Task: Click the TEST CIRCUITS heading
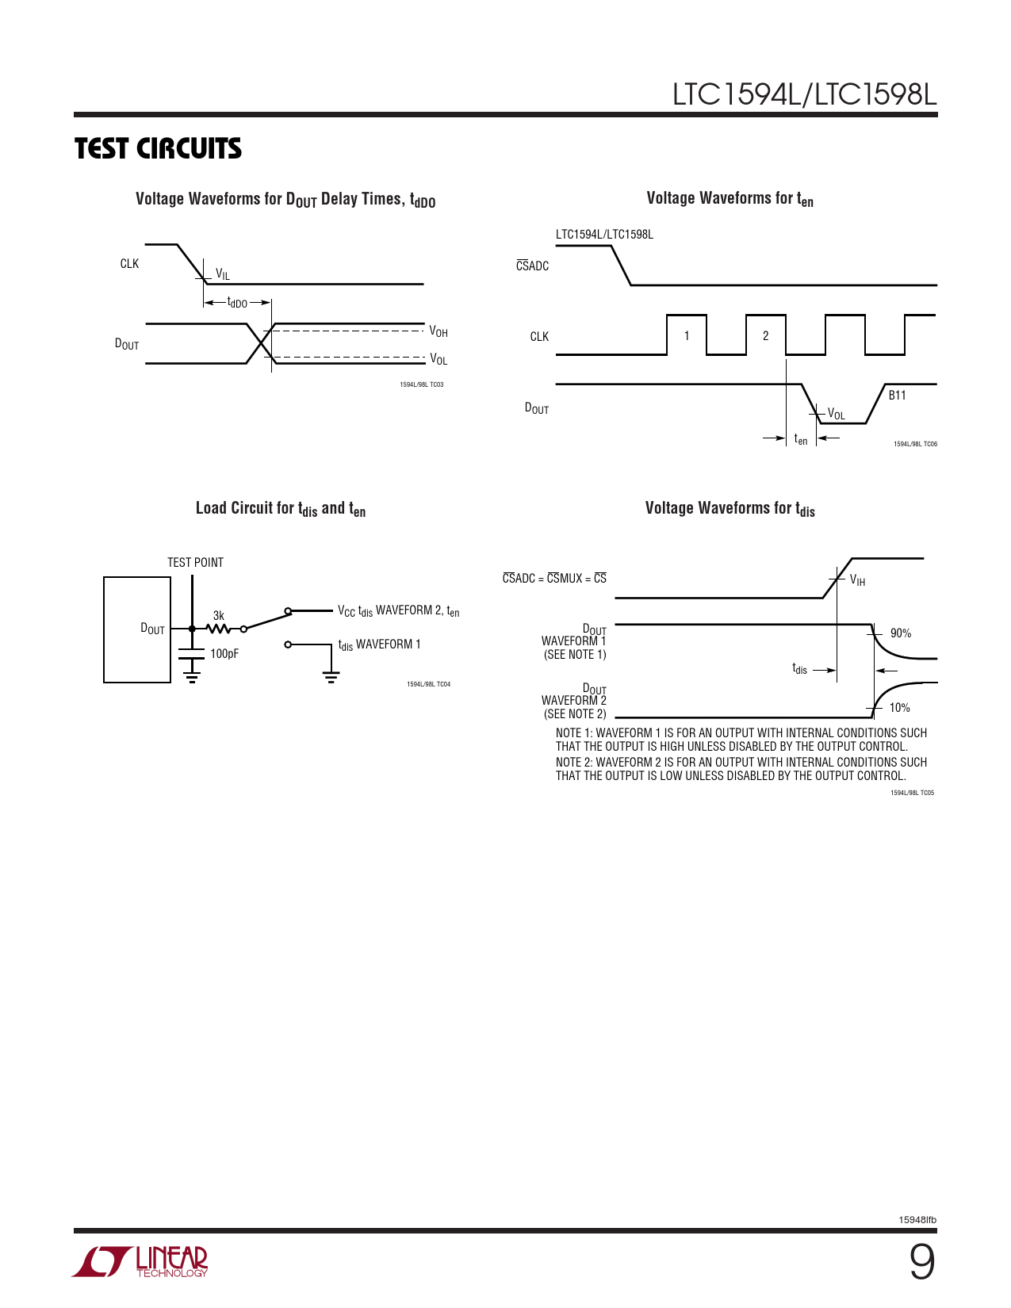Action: point(158,149)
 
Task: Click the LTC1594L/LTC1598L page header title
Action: point(804,94)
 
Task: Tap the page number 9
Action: point(921,1263)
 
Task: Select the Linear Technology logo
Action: point(140,1261)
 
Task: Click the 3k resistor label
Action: point(219,616)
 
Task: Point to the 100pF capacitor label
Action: point(224,654)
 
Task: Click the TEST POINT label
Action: point(195,563)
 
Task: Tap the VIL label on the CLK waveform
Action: point(223,275)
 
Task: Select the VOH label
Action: point(438,332)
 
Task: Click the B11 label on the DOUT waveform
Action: point(897,396)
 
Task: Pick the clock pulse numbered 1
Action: point(687,336)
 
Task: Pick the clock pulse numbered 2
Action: point(766,336)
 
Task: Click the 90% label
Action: point(901,633)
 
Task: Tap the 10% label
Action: point(899,708)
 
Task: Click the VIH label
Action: point(857,580)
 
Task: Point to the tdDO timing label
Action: point(237,303)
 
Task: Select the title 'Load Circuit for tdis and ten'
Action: point(281,509)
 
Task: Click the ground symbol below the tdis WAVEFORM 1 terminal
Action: point(331,676)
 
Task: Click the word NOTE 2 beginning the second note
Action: point(573,763)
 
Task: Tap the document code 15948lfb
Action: point(917,1220)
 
